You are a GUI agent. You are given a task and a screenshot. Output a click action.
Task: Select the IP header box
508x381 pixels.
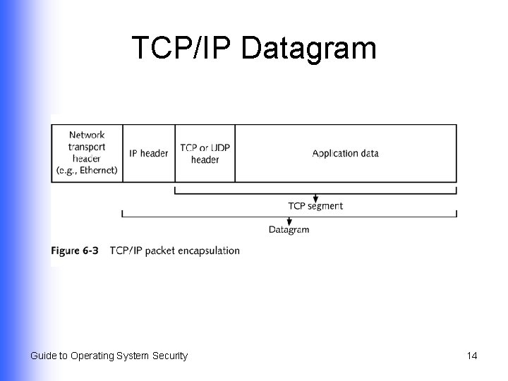149,153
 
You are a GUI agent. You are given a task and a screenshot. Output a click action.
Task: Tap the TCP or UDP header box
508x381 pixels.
205,153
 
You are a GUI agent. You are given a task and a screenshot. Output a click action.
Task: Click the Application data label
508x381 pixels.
346,153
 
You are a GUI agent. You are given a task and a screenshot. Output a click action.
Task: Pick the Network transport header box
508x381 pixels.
87,153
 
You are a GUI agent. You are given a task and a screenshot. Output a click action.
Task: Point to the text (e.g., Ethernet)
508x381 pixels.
87,171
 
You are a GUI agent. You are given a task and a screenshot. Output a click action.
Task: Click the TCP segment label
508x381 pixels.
315,206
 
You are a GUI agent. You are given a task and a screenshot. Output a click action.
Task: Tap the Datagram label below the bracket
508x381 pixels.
289,229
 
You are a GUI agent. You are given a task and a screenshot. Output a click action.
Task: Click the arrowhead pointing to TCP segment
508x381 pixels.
315,198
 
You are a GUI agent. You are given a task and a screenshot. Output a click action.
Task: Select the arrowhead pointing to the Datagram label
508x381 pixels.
289,222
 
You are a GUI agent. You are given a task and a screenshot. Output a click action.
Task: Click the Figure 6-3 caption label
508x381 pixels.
75,250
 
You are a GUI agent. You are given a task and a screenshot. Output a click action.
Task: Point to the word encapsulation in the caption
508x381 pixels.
208,250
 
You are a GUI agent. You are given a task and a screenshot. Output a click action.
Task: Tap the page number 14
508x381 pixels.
471,356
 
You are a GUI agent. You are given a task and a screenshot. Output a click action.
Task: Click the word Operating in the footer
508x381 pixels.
93,356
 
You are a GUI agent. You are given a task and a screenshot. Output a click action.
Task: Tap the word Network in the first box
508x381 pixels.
87,135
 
